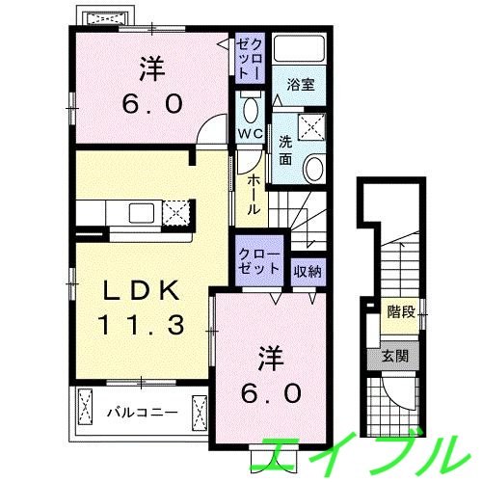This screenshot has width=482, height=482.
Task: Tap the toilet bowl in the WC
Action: (251, 108)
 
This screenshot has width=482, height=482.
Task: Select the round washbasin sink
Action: (315, 171)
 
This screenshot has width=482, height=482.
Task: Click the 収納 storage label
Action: (308, 271)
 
